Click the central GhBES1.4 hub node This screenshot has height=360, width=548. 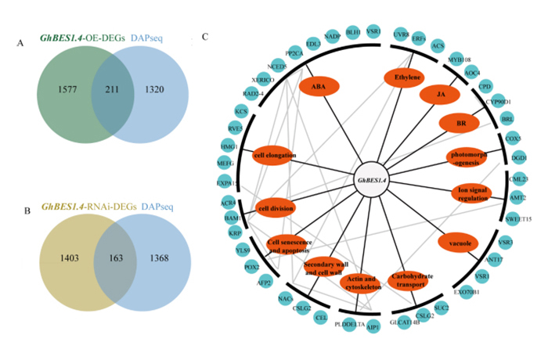[375, 180]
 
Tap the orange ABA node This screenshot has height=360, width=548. [319, 85]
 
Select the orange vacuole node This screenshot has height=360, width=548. [457, 243]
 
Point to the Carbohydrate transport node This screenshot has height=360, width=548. [411, 280]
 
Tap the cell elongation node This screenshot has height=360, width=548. [275, 156]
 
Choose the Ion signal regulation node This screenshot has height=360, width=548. [473, 193]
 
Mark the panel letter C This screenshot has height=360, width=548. [205, 36]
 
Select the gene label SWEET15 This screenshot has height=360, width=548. [517, 220]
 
